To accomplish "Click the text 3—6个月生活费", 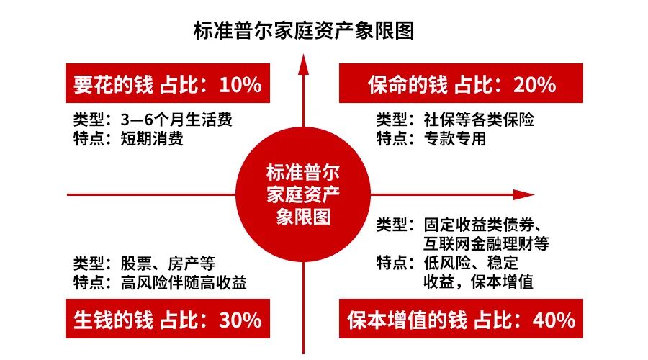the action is pyautogui.click(x=177, y=120).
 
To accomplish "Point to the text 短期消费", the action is pyautogui.click(x=152, y=138).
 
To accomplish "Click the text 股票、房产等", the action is pyautogui.click(x=168, y=264).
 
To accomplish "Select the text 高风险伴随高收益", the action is pyautogui.click(x=184, y=282).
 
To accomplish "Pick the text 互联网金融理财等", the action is pyautogui.click(x=487, y=242).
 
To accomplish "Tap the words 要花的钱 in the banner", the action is pyautogui.click(x=113, y=85).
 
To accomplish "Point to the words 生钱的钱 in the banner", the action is pyautogui.click(x=113, y=319).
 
